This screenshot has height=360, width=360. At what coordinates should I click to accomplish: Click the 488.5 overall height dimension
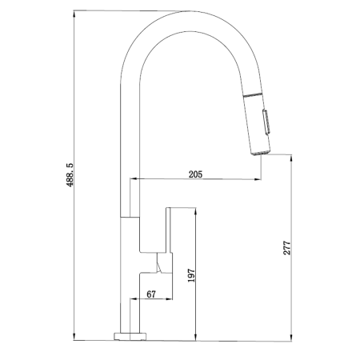[x=70, y=174]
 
